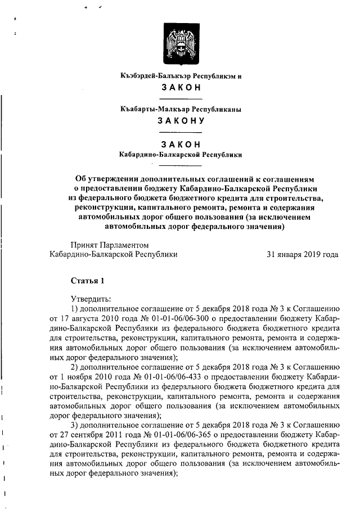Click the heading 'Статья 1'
coord(87,280)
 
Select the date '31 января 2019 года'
coord(302,254)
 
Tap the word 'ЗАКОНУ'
coord(181,121)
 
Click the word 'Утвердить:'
coord(91,298)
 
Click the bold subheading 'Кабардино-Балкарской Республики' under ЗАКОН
coord(181,154)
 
